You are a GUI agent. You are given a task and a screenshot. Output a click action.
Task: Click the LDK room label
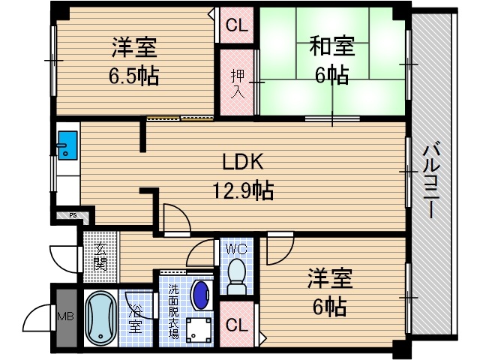[240, 163]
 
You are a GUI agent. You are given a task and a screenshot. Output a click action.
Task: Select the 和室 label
[331, 46]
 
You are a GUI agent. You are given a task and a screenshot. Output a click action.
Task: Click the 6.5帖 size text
[134, 76]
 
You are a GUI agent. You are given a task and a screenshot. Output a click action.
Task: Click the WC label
[235, 247]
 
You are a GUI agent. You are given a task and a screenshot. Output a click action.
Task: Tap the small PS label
[73, 215]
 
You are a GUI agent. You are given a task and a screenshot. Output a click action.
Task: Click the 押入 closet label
[235, 82]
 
